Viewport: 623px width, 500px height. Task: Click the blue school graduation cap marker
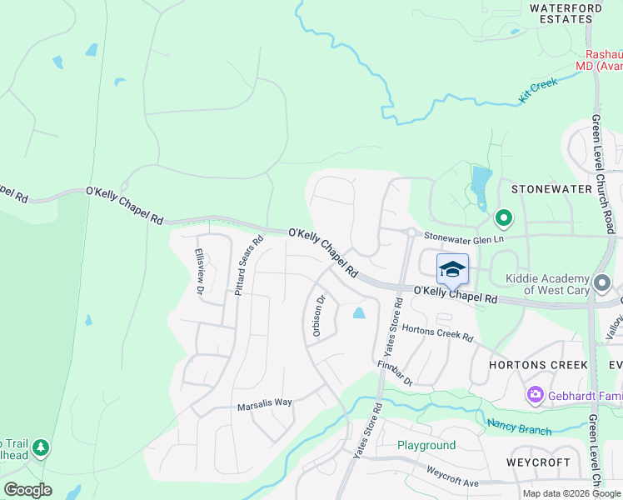pyautogui.click(x=452, y=269)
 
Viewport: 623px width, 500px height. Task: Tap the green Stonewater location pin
pyautogui.click(x=503, y=219)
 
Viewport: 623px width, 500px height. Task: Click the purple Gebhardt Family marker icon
pyautogui.click(x=535, y=393)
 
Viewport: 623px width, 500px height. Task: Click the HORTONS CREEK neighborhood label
pyautogui.click(x=540, y=365)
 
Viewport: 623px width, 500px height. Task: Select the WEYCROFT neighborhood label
pyautogui.click(x=538, y=462)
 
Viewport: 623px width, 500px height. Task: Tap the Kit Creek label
pyautogui.click(x=537, y=91)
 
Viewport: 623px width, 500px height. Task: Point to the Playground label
pyautogui.click(x=426, y=446)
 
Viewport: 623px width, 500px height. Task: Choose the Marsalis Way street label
pyautogui.click(x=264, y=402)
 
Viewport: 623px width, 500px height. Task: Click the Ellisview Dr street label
pyautogui.click(x=199, y=272)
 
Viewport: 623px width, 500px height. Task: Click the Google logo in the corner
pyautogui.click(x=27, y=489)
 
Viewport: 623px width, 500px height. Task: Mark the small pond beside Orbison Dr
pyautogui.click(x=359, y=313)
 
